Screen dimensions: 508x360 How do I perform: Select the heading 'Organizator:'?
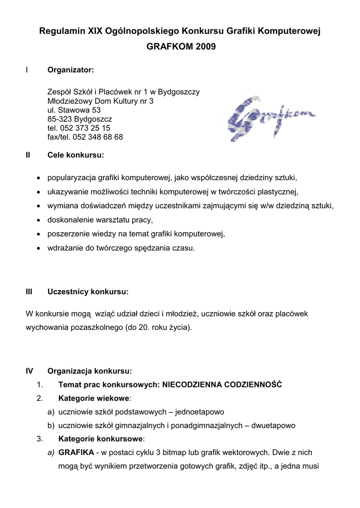click(x=71, y=70)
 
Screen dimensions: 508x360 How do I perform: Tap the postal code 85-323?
click(x=60, y=119)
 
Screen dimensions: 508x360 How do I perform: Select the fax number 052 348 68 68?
click(x=98, y=137)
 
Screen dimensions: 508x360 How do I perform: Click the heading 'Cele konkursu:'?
click(x=75, y=155)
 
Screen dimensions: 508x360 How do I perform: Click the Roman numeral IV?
click(x=29, y=371)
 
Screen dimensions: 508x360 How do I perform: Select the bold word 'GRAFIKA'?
click(x=76, y=453)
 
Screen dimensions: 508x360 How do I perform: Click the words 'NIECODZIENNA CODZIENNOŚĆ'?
click(x=222, y=384)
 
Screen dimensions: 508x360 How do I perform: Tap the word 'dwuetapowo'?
click(x=273, y=426)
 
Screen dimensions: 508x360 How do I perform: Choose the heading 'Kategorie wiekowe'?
click(x=93, y=398)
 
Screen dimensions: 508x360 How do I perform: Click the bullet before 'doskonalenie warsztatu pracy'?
click(x=39, y=220)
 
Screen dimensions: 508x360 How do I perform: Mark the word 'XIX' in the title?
click(x=96, y=32)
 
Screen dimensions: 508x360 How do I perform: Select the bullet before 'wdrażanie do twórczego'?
click(x=39, y=248)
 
